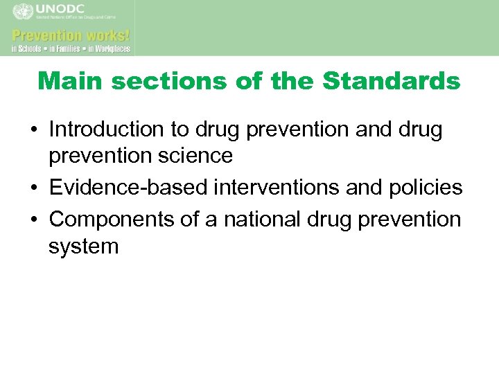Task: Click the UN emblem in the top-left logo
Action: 23,12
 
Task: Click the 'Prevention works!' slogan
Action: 71,35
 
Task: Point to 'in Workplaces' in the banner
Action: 107,49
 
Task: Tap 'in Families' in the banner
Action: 66,49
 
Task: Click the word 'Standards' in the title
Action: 392,81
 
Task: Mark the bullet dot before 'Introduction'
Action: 34,130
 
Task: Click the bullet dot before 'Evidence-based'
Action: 34,188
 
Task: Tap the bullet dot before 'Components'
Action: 34,220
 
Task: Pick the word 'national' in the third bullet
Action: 259,220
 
